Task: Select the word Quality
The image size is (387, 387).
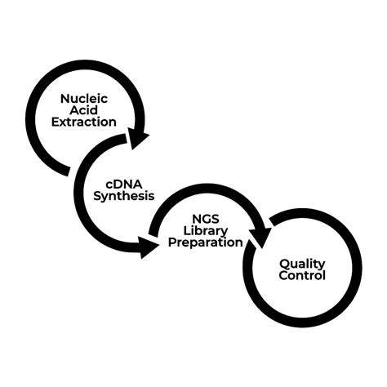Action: [x=302, y=264]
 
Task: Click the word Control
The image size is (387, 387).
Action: [x=302, y=276]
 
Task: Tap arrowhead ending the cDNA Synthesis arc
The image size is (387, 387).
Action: [x=149, y=246]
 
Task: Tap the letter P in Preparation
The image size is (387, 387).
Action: [x=171, y=242]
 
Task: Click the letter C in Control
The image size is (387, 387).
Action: [x=282, y=276]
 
